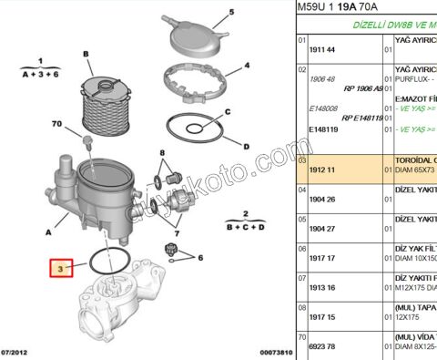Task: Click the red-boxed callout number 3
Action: click(60, 270)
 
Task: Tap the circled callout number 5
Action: click(231, 12)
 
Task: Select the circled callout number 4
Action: click(247, 67)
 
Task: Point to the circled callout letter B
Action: click(86, 55)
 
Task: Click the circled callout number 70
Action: click(56, 124)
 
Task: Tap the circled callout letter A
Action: click(36, 231)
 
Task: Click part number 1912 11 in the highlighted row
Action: click(323, 170)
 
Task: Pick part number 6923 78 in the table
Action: click(323, 346)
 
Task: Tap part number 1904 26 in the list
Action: click(323, 200)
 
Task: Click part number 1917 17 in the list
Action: click(323, 258)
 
